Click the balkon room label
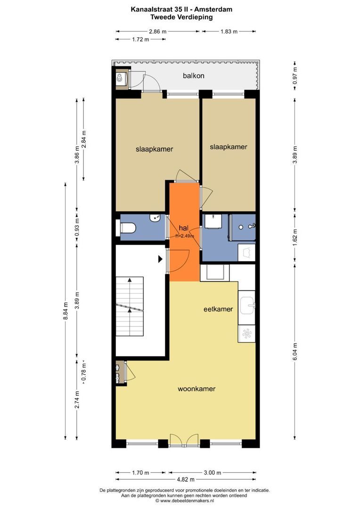point(194,75)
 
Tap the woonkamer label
point(196,388)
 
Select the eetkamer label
point(218,309)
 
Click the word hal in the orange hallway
point(183,228)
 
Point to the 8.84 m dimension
point(65,311)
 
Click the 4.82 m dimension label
point(185,479)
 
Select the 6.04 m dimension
point(295,351)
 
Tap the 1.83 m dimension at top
point(229,32)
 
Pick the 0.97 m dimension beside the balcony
point(295,75)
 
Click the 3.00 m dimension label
point(213,473)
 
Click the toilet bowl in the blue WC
point(126,228)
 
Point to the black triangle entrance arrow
point(160,259)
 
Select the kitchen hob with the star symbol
point(247,334)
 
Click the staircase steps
point(130,306)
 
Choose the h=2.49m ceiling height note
point(185,236)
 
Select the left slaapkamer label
point(154,149)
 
